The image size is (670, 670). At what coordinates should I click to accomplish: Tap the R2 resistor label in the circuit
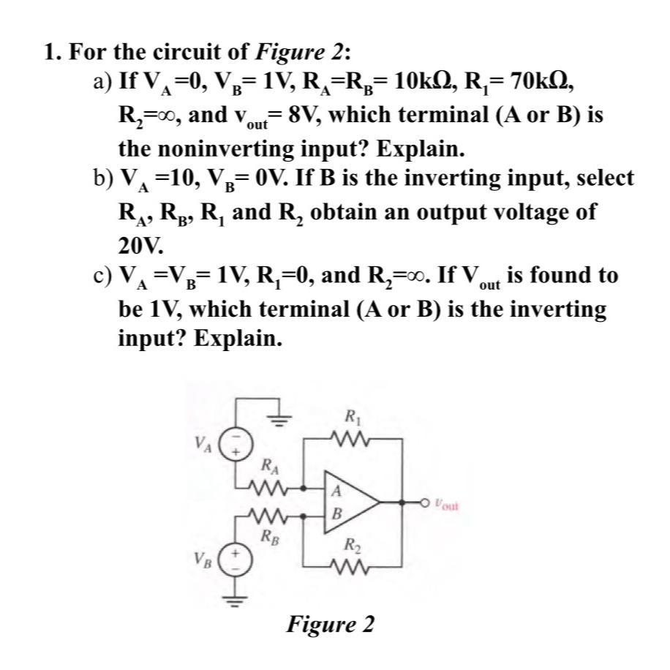coord(351,545)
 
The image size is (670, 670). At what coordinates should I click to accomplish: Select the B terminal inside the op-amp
coord(335,516)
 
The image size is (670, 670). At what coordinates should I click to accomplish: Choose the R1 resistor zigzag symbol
coord(351,439)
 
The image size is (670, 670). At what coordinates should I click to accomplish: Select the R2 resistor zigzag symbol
coord(351,565)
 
